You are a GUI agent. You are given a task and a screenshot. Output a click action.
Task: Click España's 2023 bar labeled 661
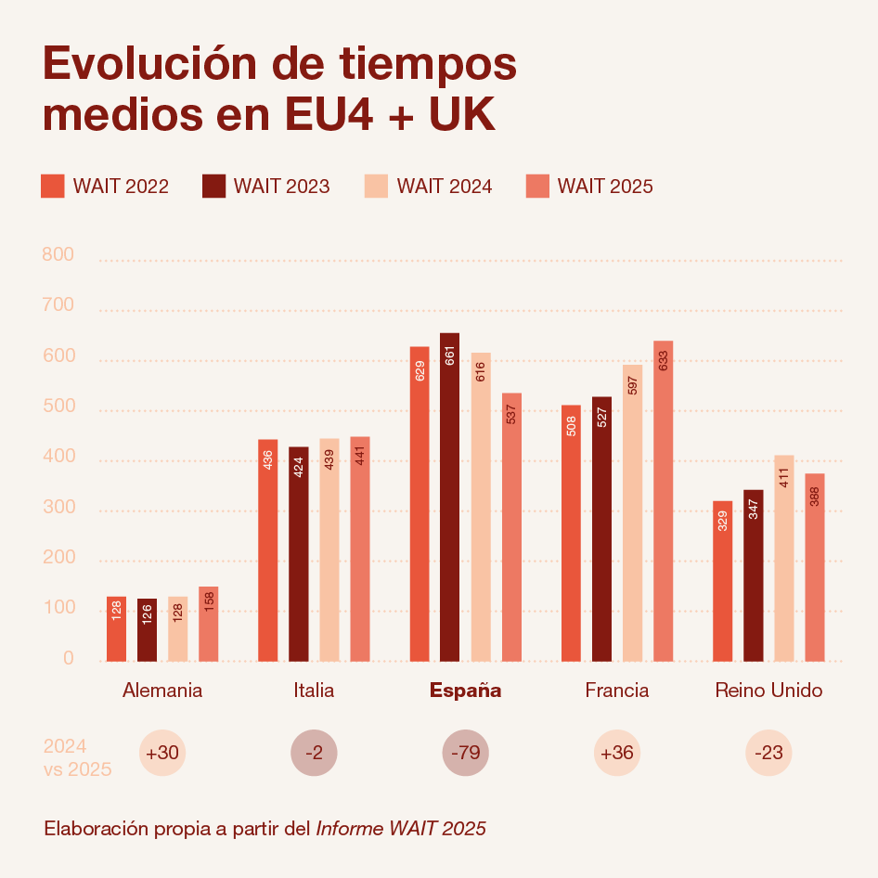point(449,497)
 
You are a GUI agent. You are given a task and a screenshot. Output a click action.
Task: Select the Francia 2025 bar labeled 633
point(663,501)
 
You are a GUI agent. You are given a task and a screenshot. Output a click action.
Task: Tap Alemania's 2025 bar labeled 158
point(208,624)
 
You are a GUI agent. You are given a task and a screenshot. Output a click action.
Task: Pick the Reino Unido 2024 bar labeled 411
point(784,559)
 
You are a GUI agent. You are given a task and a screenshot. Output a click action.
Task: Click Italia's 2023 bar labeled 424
point(299,554)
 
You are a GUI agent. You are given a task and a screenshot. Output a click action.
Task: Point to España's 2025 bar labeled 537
point(511,527)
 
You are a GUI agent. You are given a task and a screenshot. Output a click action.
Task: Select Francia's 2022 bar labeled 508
point(571,533)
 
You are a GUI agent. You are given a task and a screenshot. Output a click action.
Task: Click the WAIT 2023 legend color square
point(213,186)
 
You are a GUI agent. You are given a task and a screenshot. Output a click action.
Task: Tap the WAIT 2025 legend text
point(605,186)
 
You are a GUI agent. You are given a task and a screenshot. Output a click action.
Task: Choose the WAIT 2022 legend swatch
point(53,186)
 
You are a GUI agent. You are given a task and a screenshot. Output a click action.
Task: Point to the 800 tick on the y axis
point(58,254)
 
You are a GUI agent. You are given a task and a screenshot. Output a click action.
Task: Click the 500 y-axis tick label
point(58,406)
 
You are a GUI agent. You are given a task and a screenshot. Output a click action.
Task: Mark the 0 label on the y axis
point(69,657)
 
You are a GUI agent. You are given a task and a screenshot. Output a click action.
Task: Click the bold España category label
point(465,691)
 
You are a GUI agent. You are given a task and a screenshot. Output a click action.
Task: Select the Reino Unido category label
point(768,690)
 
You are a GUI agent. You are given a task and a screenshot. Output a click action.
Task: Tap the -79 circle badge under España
point(465,753)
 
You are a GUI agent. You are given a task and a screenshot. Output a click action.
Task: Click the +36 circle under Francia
point(617,753)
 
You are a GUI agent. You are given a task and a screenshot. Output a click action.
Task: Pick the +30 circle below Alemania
point(162,753)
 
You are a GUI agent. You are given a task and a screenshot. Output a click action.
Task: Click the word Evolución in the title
point(150,63)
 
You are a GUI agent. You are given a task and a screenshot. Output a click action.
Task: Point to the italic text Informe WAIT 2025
point(401,828)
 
